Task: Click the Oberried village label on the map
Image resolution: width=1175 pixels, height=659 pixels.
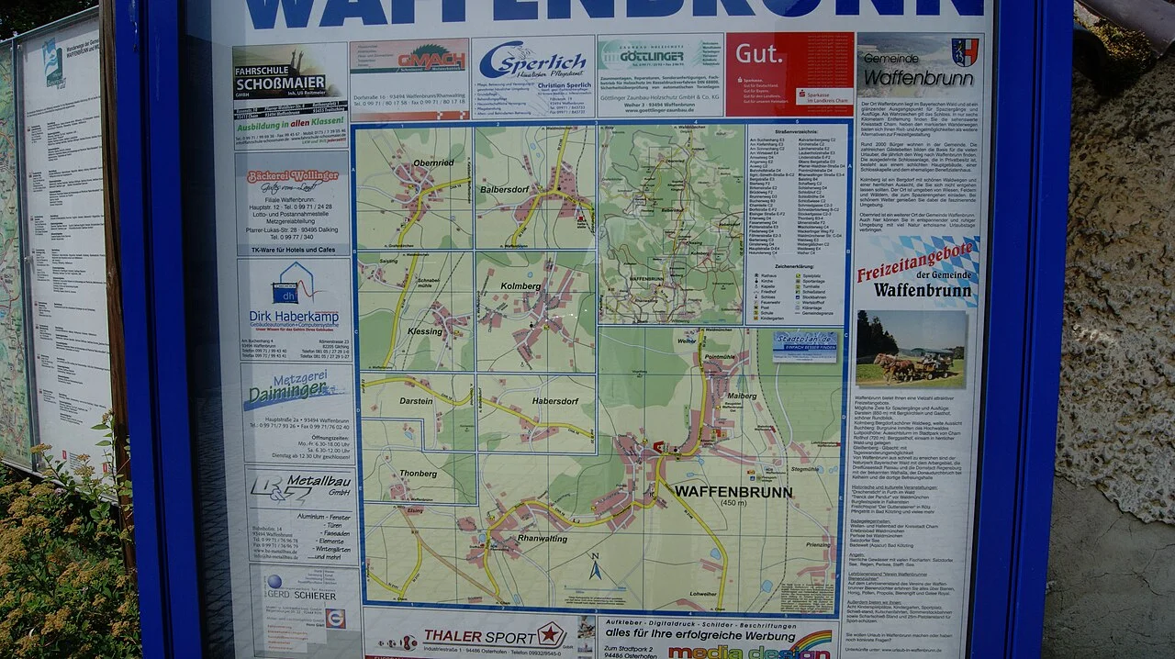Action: (x=433, y=162)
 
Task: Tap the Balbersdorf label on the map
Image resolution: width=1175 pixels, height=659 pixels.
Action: (x=508, y=189)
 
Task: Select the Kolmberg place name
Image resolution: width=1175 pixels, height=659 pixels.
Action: (x=520, y=286)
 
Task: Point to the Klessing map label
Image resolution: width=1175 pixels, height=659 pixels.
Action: (x=425, y=329)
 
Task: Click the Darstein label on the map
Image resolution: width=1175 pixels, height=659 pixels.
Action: (x=416, y=401)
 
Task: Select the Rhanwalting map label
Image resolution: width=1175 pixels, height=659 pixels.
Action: (x=543, y=538)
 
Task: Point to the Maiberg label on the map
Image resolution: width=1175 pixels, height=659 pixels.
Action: (x=742, y=396)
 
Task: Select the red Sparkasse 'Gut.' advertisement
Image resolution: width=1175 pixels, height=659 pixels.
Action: (x=789, y=73)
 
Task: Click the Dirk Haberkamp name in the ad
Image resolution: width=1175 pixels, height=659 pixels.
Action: (x=294, y=317)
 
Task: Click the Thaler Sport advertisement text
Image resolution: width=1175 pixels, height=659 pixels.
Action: (x=481, y=636)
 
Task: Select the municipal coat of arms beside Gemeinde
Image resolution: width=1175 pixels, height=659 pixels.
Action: (x=964, y=52)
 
